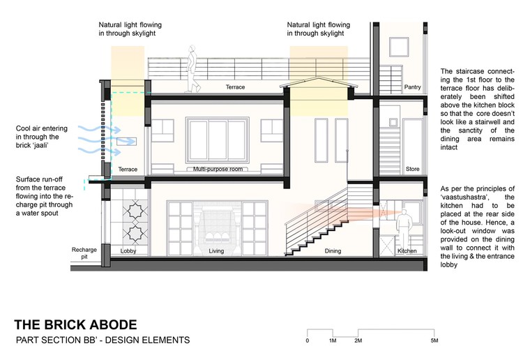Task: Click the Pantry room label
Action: point(412,87)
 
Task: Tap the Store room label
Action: point(412,169)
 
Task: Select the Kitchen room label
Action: point(407,251)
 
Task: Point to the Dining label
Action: point(333,251)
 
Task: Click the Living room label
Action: point(216,251)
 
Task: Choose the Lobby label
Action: point(128,251)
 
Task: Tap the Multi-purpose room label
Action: point(218,169)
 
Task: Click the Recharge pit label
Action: point(84,253)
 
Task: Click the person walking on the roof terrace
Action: point(192,68)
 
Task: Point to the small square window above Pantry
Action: point(399,47)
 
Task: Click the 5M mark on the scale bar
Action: point(434,340)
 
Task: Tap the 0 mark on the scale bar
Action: point(308,340)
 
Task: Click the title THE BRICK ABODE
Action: point(75,324)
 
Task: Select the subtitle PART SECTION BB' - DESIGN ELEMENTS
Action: point(103,340)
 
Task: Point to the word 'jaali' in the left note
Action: point(40,145)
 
